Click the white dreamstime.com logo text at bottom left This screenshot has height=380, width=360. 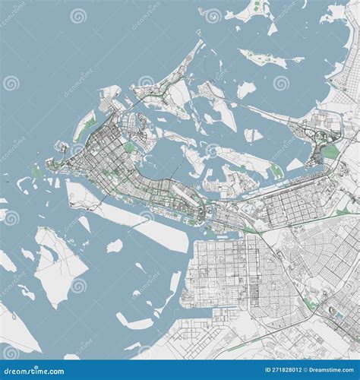pos(34,370)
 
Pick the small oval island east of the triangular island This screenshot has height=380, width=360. pos(115,245)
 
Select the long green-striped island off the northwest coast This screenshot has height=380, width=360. pos(85,125)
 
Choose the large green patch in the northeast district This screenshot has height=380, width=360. pos(331,151)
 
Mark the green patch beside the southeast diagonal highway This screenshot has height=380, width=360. pos(311,303)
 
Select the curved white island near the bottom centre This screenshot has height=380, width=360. pos(144,319)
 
